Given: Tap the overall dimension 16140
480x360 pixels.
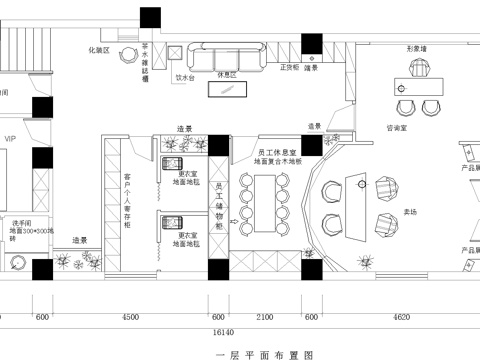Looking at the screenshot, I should (223, 331).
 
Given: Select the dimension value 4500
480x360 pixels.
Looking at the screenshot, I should (130, 317).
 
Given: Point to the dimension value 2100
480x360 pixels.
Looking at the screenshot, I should (265, 317).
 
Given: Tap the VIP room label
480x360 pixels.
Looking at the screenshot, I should (11, 139).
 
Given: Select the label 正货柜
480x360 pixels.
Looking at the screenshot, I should (288, 68).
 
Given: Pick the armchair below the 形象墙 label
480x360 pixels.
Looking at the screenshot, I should (419, 68).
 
